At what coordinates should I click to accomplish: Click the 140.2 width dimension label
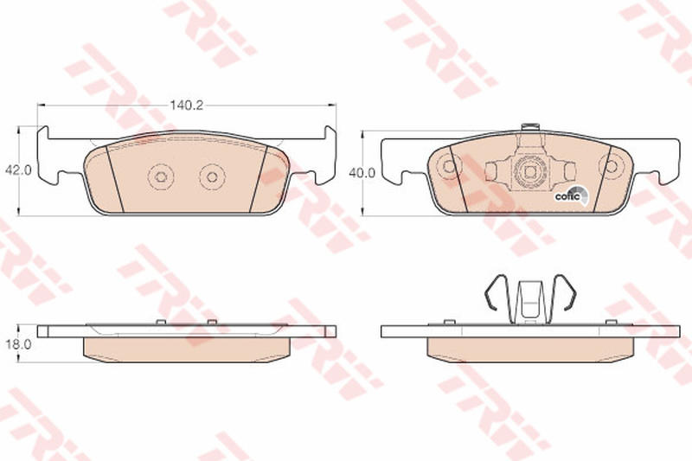point(186,105)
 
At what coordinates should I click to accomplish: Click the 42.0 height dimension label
point(18,170)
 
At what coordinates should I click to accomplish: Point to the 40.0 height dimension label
point(362,173)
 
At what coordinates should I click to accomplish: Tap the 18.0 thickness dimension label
point(18,344)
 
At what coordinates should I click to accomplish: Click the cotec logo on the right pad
point(571,195)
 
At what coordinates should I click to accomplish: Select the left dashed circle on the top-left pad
point(161,177)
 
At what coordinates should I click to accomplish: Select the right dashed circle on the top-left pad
point(212,177)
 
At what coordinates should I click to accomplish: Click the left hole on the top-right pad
point(448,166)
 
